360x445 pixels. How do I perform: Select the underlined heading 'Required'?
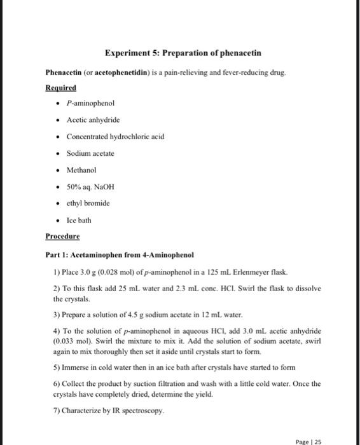61,88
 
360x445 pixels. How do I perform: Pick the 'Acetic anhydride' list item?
93,120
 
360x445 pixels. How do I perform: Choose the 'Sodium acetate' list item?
90,153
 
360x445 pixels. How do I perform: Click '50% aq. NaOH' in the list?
90,187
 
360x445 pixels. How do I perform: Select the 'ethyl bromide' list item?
88,203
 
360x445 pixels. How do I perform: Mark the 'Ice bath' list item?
79,221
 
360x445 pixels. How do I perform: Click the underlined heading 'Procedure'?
62,236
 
